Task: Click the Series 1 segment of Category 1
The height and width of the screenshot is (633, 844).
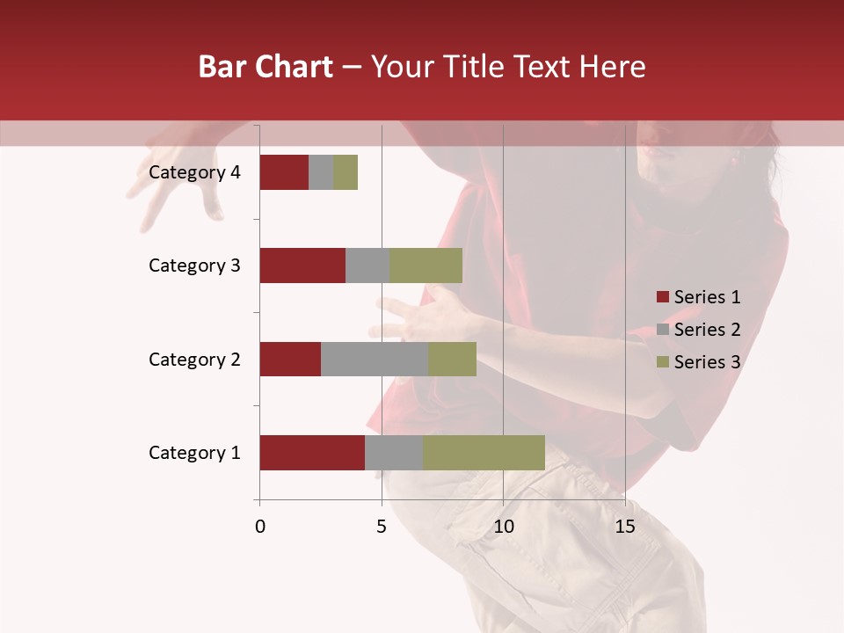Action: tap(312, 453)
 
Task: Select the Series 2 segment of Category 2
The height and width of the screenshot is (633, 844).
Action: tap(375, 359)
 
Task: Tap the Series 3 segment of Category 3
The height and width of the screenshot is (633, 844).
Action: tap(426, 266)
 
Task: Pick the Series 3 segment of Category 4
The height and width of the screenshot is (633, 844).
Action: tap(346, 172)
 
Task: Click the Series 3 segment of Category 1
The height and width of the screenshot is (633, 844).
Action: tap(484, 453)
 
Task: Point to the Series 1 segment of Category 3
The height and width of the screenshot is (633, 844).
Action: tap(302, 266)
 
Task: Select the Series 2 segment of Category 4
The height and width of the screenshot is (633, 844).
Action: tap(321, 172)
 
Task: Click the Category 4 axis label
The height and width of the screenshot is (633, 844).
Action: tap(194, 172)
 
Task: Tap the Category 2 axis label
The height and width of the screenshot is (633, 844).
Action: tap(194, 359)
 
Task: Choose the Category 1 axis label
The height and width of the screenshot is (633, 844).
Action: tap(194, 453)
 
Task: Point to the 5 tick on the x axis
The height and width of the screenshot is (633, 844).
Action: tap(382, 527)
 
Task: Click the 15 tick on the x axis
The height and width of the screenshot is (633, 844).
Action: tap(624, 527)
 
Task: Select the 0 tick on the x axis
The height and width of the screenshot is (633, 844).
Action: tap(260, 527)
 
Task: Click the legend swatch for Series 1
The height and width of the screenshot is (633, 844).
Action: tap(662, 297)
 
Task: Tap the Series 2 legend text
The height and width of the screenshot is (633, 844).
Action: tap(707, 330)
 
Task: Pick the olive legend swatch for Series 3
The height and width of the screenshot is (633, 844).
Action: tap(662, 362)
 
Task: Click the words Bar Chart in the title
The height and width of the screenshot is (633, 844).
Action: tap(266, 67)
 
